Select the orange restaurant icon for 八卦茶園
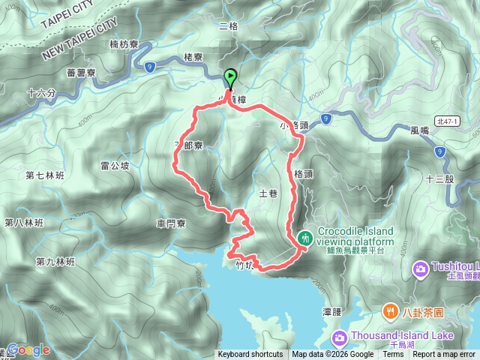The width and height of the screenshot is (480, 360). pos(390,310)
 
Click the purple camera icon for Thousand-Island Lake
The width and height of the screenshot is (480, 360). pos(339,337)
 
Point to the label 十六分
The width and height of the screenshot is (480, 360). pos(41,94)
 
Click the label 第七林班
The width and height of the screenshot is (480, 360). pos(44,176)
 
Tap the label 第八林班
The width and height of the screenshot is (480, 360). pos(24,223)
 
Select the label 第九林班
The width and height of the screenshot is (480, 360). pos(55,262)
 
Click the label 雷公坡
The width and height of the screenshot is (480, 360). pos(115,165)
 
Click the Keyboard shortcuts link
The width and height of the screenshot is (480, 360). pos(250,355)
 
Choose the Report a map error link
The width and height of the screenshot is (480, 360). pos(444,355)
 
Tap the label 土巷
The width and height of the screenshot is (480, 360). pos(268,193)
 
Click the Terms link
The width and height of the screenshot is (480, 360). pos(393,355)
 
